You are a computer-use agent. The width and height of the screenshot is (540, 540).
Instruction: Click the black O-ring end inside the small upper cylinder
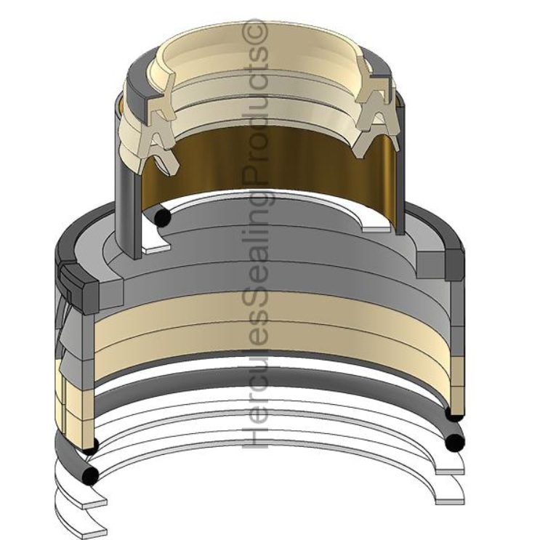click(x=163, y=217)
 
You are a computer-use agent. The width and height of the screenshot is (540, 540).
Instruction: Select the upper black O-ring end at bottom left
click(x=90, y=446)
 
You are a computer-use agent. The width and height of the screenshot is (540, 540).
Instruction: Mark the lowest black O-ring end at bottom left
click(x=90, y=475)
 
